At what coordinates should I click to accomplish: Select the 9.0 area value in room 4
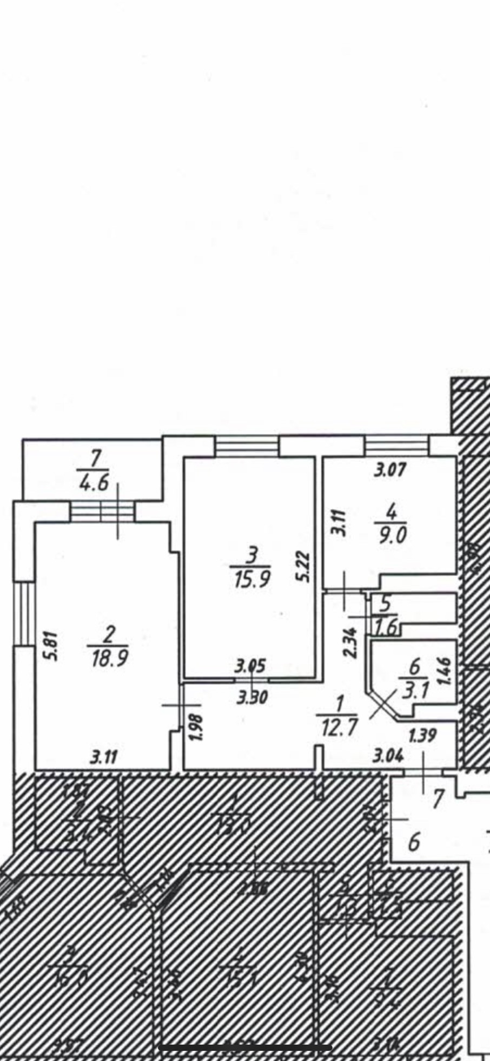point(393,535)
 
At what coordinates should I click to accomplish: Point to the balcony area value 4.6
point(94,483)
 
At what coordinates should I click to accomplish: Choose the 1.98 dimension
point(197,729)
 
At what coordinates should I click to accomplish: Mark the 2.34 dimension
point(352,642)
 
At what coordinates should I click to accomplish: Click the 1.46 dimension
point(447,671)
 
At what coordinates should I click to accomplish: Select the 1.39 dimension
point(422,735)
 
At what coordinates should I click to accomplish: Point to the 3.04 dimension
point(388,756)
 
